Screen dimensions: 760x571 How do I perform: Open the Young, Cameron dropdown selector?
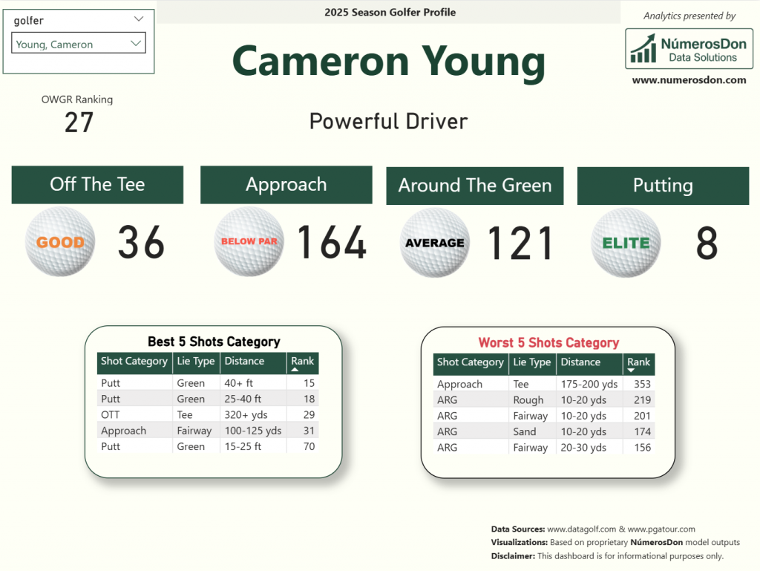79,43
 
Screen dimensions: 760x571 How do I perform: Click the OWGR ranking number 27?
79,123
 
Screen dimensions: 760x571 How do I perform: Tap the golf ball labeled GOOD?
60,241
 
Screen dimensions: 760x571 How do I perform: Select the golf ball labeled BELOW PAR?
249,241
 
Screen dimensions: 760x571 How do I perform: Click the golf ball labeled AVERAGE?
435,242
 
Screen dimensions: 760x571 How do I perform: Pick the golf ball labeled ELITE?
626,242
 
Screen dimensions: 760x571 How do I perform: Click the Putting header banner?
663,186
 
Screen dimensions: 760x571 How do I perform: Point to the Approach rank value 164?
332,242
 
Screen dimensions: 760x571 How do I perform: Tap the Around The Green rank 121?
520,243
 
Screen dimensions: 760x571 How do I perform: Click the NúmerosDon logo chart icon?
643,48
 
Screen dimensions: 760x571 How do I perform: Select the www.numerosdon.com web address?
689,80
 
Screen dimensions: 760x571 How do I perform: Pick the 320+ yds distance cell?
246,415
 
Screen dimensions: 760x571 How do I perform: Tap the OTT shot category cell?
110,415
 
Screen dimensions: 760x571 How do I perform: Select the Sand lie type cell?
525,431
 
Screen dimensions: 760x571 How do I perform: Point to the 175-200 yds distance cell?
589,384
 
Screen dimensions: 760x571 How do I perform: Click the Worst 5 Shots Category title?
548,343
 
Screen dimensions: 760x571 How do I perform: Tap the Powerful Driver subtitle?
389,121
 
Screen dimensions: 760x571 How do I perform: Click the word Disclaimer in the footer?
513,556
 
